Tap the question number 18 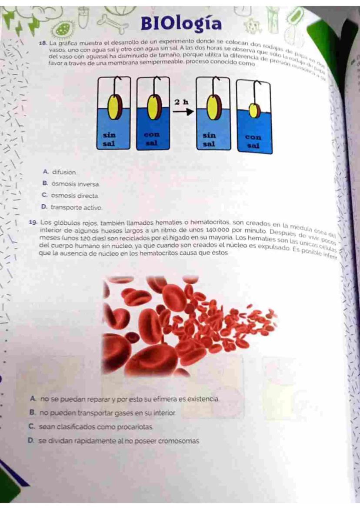click(42, 44)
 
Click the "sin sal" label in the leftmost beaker click(109, 139)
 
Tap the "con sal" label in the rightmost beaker click(253, 141)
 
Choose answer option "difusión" click(64, 172)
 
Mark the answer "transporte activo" click(76, 208)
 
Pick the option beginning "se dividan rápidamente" click(118, 441)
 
